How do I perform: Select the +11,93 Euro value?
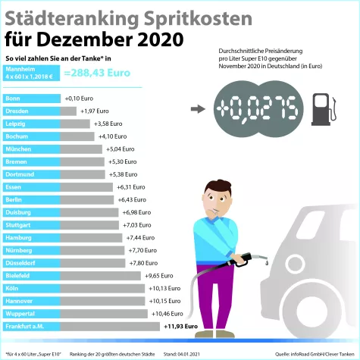[x=180, y=327]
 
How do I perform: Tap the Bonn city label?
[x=13, y=99]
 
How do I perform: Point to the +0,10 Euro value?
[x=79, y=99]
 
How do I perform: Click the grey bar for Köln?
[x=110, y=288]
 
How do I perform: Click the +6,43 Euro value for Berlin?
[x=133, y=199]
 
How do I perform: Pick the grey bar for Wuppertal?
[x=111, y=314]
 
